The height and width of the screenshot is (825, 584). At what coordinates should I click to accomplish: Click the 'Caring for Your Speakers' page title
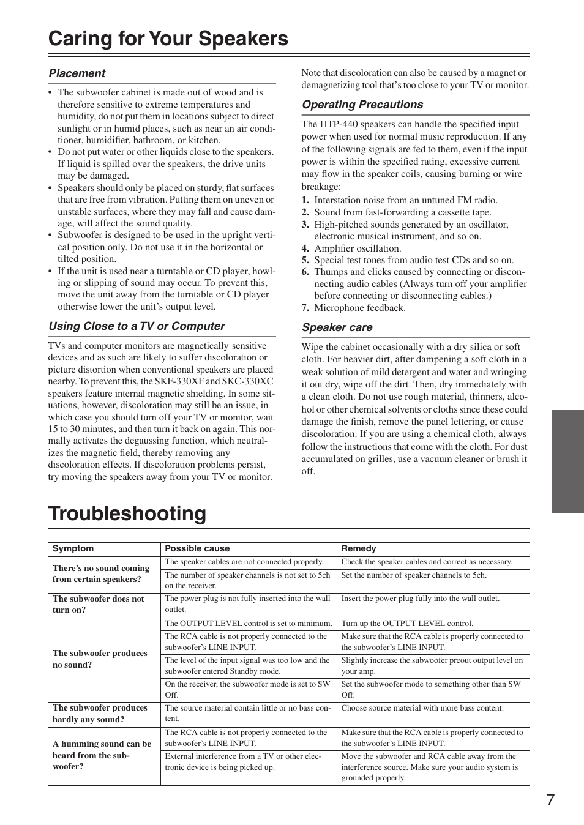pyautogui.click(x=168, y=39)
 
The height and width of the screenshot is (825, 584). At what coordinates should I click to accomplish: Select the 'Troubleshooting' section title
pyautogui.click(x=127, y=513)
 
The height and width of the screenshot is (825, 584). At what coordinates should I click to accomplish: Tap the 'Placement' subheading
pyautogui.click(x=77, y=73)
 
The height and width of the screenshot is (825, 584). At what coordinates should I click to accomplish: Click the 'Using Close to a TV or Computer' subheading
pyautogui.click(x=137, y=326)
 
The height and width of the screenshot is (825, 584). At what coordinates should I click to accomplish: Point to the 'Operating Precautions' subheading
pyautogui.click(x=362, y=105)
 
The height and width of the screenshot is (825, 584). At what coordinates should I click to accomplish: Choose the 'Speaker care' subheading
pyautogui.click(x=337, y=327)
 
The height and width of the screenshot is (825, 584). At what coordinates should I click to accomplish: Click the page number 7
pyautogui.click(x=550, y=800)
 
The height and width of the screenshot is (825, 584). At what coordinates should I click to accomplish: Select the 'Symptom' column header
pyautogui.click(x=73, y=549)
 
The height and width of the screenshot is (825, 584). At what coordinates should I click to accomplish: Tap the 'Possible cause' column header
pyautogui.click(x=197, y=549)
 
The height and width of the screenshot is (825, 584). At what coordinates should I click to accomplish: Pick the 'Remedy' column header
pyautogui.click(x=359, y=549)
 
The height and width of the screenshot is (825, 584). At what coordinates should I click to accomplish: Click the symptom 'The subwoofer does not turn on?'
pyautogui.click(x=99, y=604)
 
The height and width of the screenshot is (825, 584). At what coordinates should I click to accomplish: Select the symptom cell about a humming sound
pyautogui.click(x=102, y=755)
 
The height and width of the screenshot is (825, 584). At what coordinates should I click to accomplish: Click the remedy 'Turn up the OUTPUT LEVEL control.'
pyautogui.click(x=407, y=624)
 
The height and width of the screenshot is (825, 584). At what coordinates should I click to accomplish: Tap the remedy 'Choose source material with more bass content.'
pyautogui.click(x=422, y=708)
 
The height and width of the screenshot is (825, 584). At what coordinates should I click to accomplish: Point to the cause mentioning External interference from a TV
pyautogui.click(x=243, y=761)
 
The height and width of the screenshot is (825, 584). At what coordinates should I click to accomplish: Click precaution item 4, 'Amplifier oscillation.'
pyautogui.click(x=358, y=248)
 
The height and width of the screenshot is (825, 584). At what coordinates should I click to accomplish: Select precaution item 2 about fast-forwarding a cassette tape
pyautogui.click(x=402, y=212)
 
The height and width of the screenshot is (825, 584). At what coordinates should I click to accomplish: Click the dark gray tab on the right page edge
pyautogui.click(x=567, y=461)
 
